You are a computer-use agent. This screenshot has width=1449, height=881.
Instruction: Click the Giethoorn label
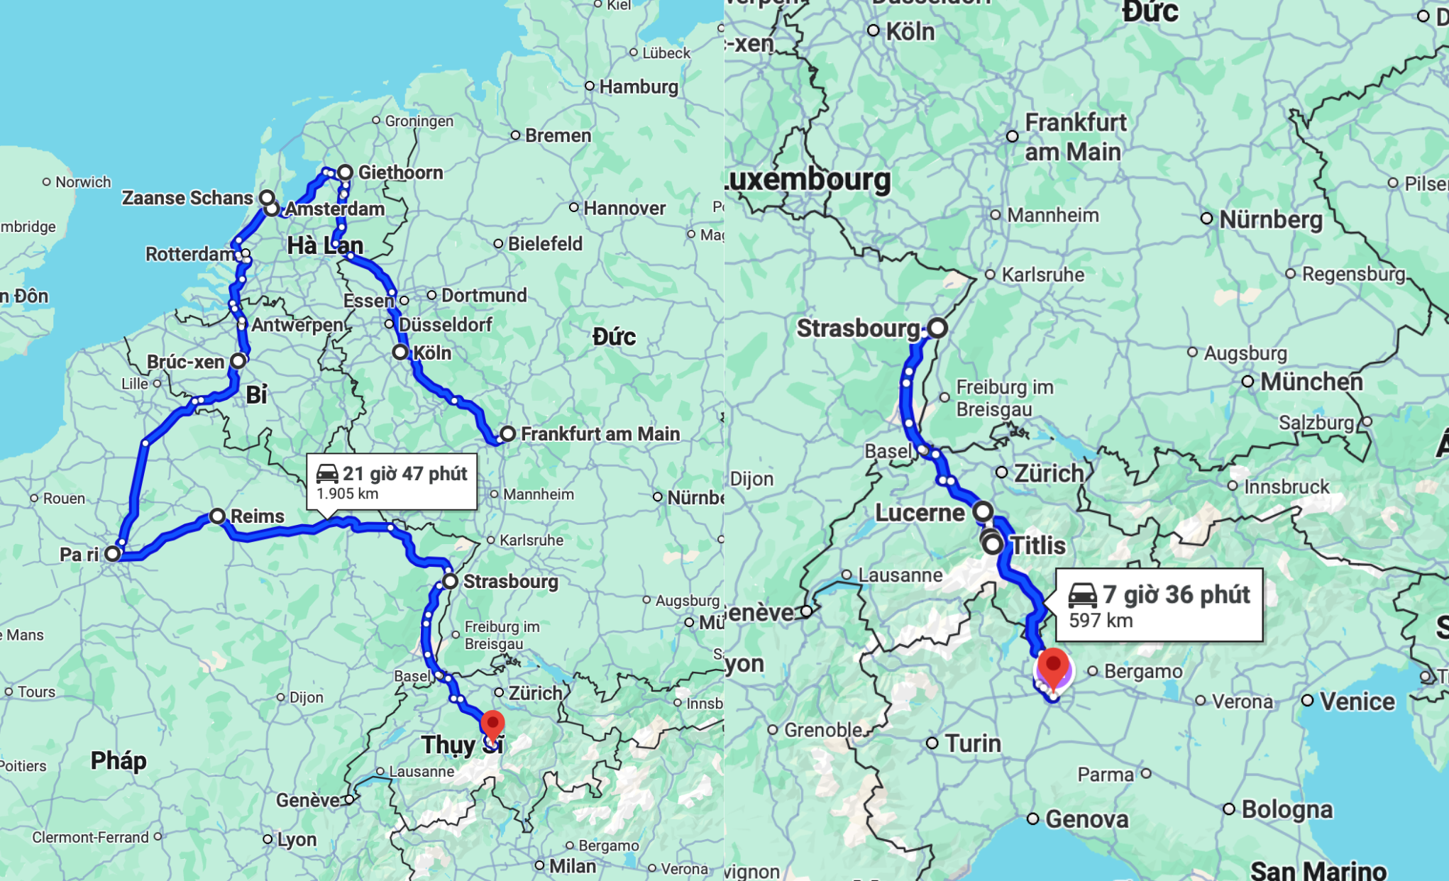point(400,172)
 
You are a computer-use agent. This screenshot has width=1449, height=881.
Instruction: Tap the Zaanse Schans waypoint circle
point(267,197)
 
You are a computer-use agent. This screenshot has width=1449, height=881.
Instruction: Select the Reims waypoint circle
point(218,516)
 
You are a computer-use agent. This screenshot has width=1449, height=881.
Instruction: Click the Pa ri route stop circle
point(113,553)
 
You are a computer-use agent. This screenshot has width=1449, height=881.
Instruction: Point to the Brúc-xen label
point(185,362)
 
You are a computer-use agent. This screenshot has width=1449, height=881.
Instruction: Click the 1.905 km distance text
point(347,494)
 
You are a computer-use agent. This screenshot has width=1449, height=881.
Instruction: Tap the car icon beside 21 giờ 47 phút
point(327,473)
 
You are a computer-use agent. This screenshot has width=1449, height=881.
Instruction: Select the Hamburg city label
point(639,87)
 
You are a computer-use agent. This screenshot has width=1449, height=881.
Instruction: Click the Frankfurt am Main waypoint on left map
point(507,433)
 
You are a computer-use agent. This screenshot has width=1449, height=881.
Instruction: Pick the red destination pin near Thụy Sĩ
point(492,725)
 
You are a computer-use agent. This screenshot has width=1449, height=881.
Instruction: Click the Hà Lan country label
point(325,245)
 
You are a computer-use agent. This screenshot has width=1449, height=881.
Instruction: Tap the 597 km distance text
point(1101,621)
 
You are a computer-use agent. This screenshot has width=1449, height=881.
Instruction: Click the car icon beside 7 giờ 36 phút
point(1083,594)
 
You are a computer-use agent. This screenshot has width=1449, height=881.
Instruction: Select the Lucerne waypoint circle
point(983,511)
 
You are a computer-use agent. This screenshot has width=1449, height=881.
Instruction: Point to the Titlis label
point(1037,545)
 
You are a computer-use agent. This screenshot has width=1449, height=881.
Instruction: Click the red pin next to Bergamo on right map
point(1054,667)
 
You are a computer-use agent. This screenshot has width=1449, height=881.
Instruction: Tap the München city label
point(1311,382)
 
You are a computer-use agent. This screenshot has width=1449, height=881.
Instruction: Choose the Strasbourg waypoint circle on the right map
point(937,328)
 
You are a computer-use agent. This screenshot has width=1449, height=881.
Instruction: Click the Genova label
point(1086,819)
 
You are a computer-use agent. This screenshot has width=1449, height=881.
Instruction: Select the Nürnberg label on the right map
point(1271,219)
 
